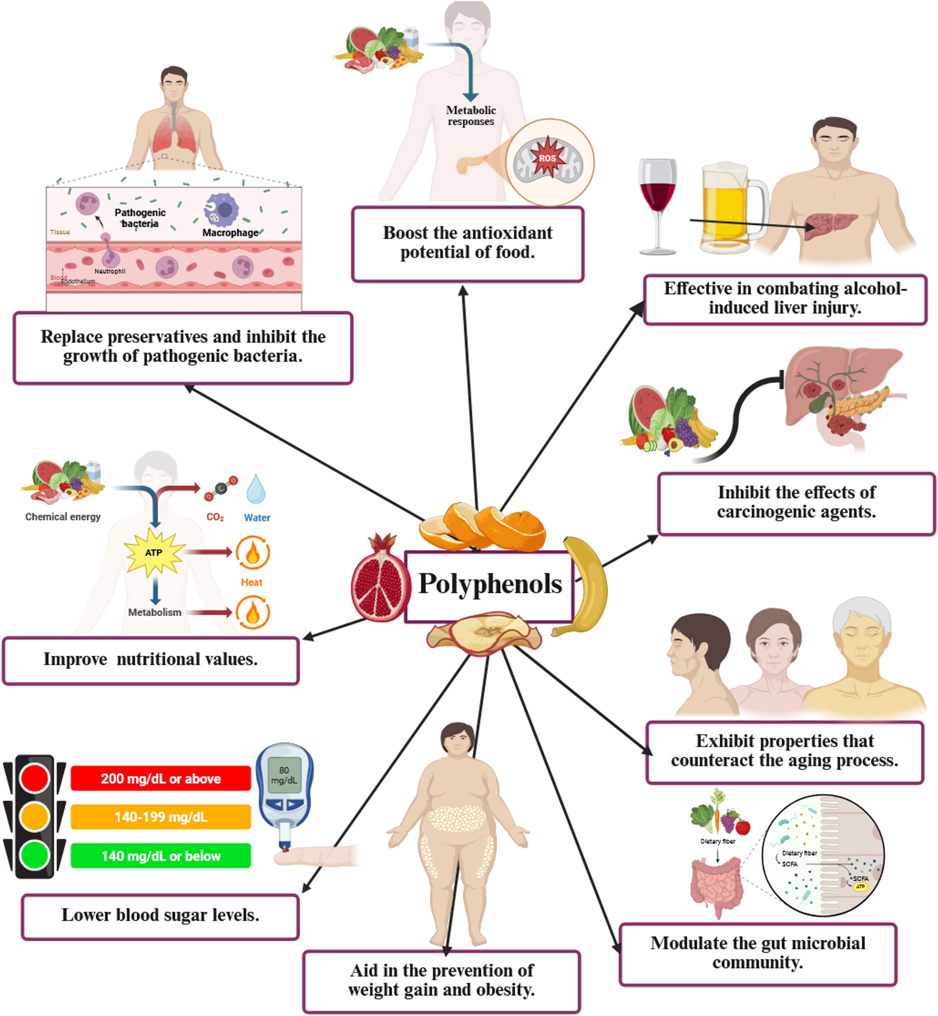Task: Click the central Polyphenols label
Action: [x=490, y=584]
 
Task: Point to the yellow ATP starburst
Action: [x=154, y=552]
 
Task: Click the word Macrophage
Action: [x=230, y=233]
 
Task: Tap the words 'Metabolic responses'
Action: [x=470, y=116]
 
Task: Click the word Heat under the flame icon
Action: [x=252, y=582]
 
